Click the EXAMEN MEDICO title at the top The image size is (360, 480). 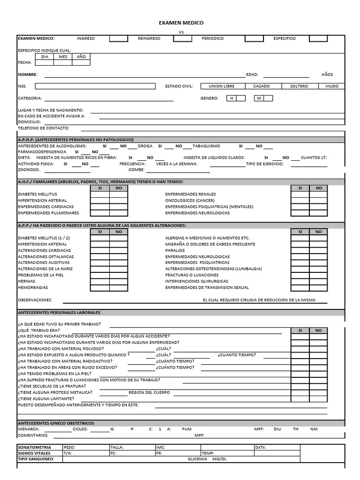180,22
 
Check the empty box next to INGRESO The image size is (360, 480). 119,38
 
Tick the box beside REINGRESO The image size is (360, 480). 182,38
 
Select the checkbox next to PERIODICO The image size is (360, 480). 254,38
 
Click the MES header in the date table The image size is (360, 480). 63,56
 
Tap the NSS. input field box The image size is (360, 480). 95,86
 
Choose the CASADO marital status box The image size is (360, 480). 261,86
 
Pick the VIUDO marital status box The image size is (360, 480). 331,86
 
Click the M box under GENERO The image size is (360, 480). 263,98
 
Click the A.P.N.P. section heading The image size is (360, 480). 75,140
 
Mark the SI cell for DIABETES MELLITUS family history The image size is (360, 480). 99,194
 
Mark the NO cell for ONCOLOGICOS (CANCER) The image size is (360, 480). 319,200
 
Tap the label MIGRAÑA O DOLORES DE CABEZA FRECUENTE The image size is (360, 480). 210,244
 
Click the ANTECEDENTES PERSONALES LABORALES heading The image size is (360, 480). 59,312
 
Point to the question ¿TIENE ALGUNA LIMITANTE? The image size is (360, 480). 46,398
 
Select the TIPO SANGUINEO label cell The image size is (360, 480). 39,459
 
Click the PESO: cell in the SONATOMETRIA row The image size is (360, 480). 85,447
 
